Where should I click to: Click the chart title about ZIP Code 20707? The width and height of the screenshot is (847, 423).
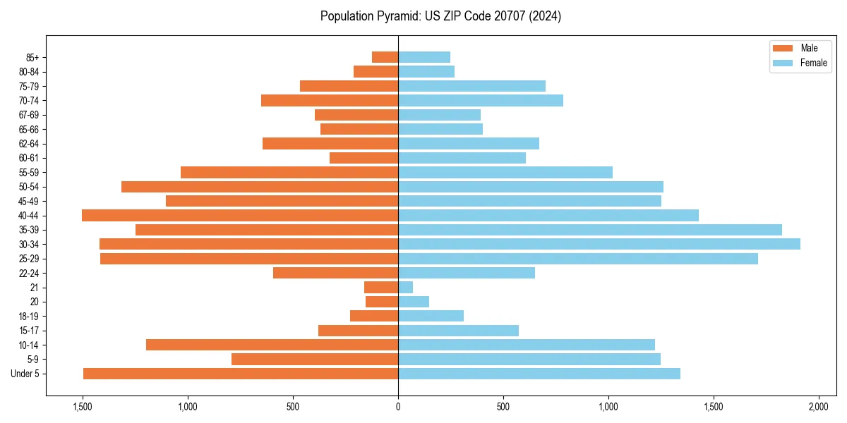440,16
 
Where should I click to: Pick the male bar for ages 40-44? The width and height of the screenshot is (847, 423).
240,215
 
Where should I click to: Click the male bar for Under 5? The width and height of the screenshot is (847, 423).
241,374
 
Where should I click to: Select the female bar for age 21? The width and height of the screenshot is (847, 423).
405,287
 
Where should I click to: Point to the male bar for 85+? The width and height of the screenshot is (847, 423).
385,57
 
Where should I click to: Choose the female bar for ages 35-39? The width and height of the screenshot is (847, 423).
589,230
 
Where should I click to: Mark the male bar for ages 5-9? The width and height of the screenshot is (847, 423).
315,360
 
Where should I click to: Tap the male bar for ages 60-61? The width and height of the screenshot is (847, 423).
364,158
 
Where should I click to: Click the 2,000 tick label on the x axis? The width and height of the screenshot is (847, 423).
818,407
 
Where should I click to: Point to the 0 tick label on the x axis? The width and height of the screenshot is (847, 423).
398,407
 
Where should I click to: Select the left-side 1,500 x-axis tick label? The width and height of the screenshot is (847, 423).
83,407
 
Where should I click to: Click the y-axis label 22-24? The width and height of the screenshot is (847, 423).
29,273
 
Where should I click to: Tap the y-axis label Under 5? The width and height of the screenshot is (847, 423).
25,374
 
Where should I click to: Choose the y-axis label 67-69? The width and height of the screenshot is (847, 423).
29,115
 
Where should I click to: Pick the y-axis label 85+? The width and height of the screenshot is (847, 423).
32,57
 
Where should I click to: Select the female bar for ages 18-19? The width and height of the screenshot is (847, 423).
431,316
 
